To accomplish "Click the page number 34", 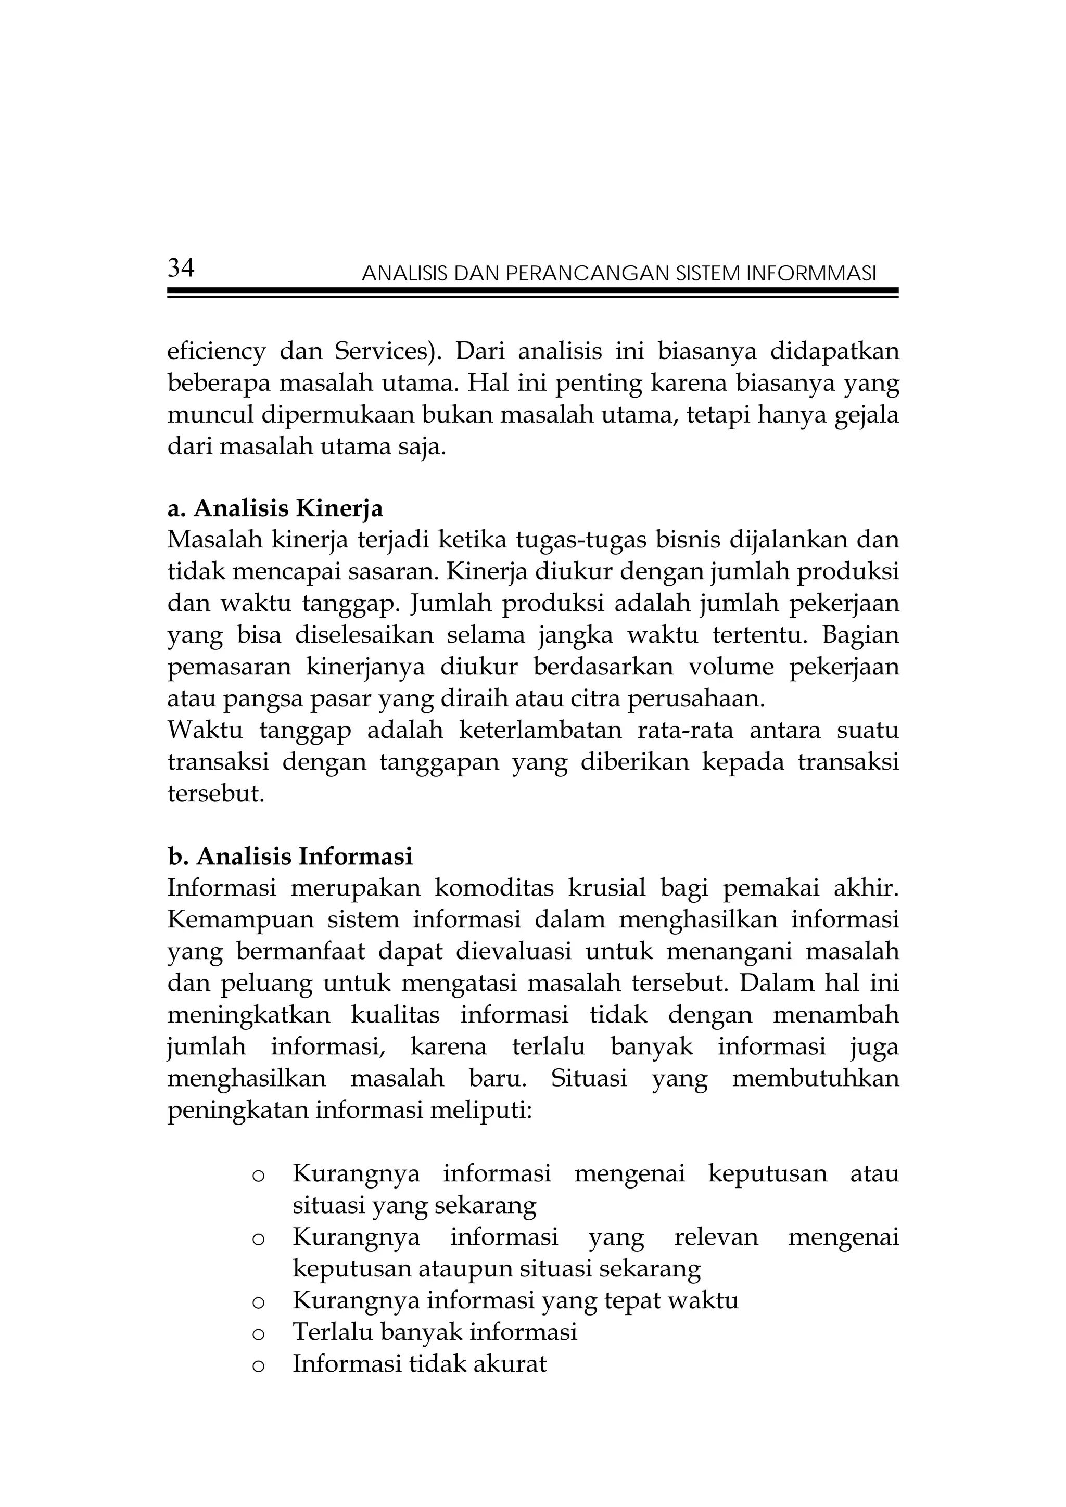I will pos(181,269).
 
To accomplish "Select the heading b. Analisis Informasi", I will pos(289,856).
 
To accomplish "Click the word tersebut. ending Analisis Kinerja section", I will pos(215,794).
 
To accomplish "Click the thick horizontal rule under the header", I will pos(531,291).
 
